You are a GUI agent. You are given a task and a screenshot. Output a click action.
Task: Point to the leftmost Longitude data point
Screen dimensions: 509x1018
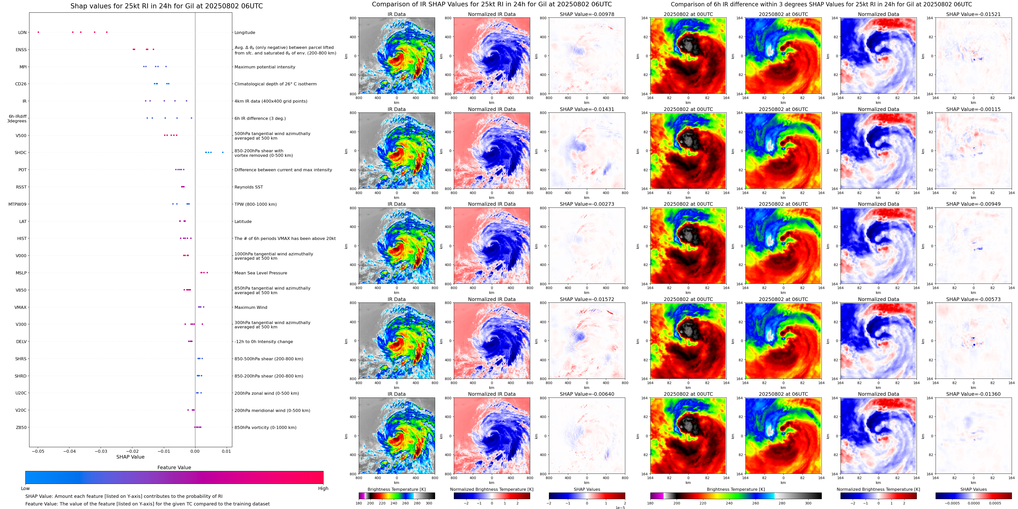pyautogui.click(x=38, y=32)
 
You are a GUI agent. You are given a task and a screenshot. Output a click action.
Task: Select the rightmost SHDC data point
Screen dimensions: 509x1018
pyautogui.click(x=223, y=153)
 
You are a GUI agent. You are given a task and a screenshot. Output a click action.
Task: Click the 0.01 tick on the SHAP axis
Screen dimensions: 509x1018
pyautogui.click(x=226, y=451)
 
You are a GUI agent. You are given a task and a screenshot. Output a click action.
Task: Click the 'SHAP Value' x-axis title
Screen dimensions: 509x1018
pyautogui.click(x=130, y=457)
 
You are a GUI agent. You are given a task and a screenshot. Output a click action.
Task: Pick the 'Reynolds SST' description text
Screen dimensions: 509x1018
pyautogui.click(x=248, y=187)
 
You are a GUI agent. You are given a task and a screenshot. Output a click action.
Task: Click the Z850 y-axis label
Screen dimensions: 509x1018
pyautogui.click(x=21, y=427)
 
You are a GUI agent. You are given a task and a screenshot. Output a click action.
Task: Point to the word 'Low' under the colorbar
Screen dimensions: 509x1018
pyautogui.click(x=25, y=488)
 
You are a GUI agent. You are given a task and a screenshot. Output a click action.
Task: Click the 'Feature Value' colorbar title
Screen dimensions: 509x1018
pyautogui.click(x=174, y=467)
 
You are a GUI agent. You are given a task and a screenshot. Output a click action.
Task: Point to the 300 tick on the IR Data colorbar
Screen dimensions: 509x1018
pyautogui.click(x=429, y=503)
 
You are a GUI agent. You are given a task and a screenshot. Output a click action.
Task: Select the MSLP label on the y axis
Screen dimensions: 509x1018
pyautogui.click(x=21, y=273)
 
